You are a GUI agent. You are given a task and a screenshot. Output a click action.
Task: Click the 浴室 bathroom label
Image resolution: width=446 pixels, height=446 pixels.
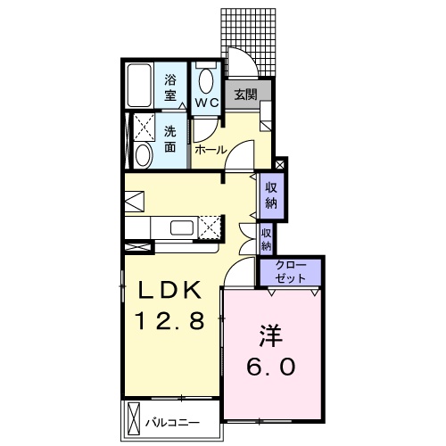tap(170, 87)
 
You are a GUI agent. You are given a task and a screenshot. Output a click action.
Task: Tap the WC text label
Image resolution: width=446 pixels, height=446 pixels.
tap(207, 103)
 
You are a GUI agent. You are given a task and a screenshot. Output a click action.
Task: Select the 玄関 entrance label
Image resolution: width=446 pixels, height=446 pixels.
tap(245, 95)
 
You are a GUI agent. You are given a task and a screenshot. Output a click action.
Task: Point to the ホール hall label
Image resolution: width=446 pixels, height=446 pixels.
tap(211, 150)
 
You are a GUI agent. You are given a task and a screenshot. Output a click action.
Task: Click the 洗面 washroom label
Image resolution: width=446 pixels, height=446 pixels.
tap(170, 139)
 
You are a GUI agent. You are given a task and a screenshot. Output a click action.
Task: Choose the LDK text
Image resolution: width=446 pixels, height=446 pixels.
tap(169, 290)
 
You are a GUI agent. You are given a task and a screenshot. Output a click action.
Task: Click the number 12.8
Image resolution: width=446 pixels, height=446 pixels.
tap(169, 320)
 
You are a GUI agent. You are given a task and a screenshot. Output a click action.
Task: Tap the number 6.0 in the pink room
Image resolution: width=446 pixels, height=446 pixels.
tap(271, 367)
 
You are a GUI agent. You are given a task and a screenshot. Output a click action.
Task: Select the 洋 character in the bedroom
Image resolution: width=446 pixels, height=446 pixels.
tap(271, 336)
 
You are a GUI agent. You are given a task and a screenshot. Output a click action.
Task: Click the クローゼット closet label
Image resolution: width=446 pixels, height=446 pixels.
tap(290, 272)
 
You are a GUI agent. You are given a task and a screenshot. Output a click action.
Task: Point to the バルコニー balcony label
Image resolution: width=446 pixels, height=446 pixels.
tap(172, 423)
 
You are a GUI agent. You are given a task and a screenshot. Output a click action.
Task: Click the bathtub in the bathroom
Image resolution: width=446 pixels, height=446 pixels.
tap(139, 86)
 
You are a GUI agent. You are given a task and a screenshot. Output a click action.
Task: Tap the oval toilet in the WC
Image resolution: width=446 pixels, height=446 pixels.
tap(206, 81)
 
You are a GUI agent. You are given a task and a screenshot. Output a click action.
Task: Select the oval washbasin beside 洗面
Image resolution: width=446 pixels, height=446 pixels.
tap(144, 155)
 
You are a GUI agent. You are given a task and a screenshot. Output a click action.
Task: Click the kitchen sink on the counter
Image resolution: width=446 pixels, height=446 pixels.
tap(182, 227)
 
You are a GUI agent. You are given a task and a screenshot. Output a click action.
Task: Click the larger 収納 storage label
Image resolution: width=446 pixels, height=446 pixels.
tap(271, 195)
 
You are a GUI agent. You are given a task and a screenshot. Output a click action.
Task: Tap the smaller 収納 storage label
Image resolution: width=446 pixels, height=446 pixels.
tap(267, 239)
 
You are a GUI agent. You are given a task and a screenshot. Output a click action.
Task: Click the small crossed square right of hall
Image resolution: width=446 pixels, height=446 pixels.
tap(280, 165)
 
